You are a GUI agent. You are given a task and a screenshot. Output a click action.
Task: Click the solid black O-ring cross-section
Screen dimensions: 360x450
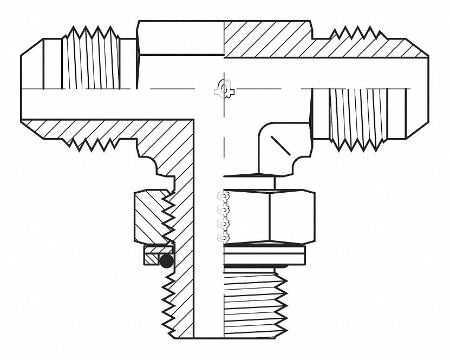pyautogui.click(x=167, y=261)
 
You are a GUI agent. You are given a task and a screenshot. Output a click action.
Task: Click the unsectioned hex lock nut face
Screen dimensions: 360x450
pyautogui.click(x=269, y=217)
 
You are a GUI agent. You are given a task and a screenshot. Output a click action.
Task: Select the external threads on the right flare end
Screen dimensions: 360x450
pyautogui.click(x=357, y=118)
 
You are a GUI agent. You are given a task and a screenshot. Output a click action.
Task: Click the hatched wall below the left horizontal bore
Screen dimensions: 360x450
pyautogui.click(x=108, y=129)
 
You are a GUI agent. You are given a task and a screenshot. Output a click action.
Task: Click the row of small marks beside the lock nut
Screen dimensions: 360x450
pyautogui.click(x=221, y=217)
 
